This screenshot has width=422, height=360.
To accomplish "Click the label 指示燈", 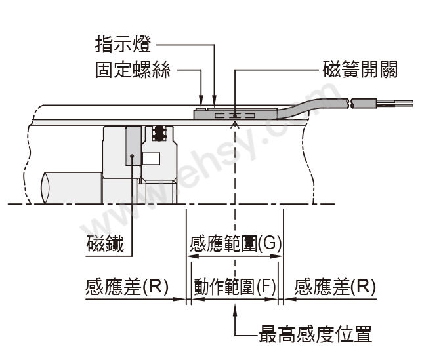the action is tap(123, 44).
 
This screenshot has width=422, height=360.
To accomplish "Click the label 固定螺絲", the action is tap(133, 70).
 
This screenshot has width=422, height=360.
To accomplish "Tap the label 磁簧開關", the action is tap(360, 70).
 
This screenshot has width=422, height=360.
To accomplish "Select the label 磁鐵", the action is tap(105, 243).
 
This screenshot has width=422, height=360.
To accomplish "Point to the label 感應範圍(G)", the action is tap(236, 243).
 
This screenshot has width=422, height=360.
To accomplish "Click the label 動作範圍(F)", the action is tap(235, 287).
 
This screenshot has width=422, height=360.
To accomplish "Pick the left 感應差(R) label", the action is tap(127, 287).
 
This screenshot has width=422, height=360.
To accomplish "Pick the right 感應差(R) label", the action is tap(335, 287).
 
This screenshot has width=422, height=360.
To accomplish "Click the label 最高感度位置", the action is tap(315, 334).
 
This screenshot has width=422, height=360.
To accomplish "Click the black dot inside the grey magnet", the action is tap(132, 156).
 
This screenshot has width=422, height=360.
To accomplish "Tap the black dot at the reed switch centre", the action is tap(235, 116).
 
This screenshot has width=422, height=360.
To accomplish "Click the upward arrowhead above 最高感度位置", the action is tap(235, 310).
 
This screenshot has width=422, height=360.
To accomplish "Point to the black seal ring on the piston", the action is tap(159, 132).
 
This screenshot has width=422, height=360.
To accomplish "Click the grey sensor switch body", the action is tap(236, 113).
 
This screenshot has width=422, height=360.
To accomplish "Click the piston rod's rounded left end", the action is tap(45, 188).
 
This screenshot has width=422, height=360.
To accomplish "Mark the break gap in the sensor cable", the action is tap(350, 104).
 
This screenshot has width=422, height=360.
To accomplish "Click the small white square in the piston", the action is tap(151, 158).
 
